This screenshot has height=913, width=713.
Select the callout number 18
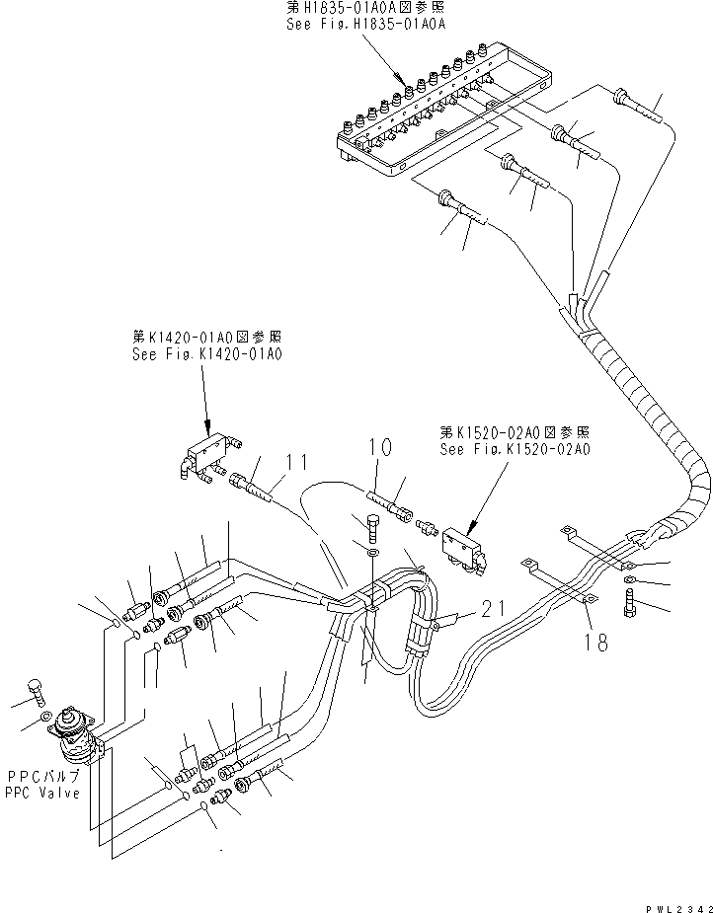coord(596,643)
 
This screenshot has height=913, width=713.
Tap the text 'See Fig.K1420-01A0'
coord(206,352)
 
